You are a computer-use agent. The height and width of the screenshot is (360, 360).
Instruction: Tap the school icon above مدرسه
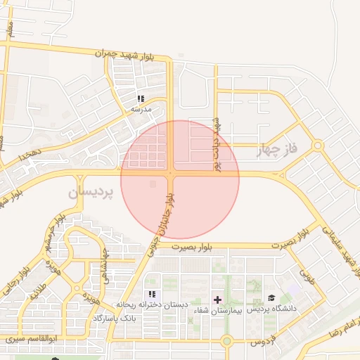[141, 99]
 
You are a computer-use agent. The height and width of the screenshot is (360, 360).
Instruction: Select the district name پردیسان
[91, 191]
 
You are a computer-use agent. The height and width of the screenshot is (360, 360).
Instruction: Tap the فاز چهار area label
[278, 150]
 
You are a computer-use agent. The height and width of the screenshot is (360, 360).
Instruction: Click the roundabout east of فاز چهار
[318, 146]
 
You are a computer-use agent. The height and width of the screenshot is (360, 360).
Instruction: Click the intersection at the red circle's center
[171, 173]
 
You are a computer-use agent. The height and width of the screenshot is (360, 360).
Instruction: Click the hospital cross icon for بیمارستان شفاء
[217, 300]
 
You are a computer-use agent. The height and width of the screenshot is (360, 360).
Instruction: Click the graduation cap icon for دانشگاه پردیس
[271, 299]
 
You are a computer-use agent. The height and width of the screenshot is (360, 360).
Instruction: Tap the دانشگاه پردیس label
[271, 309]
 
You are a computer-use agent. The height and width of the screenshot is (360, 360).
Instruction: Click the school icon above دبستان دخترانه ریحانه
[151, 295]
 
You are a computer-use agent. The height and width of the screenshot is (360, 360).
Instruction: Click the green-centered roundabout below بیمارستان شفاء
[226, 342]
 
